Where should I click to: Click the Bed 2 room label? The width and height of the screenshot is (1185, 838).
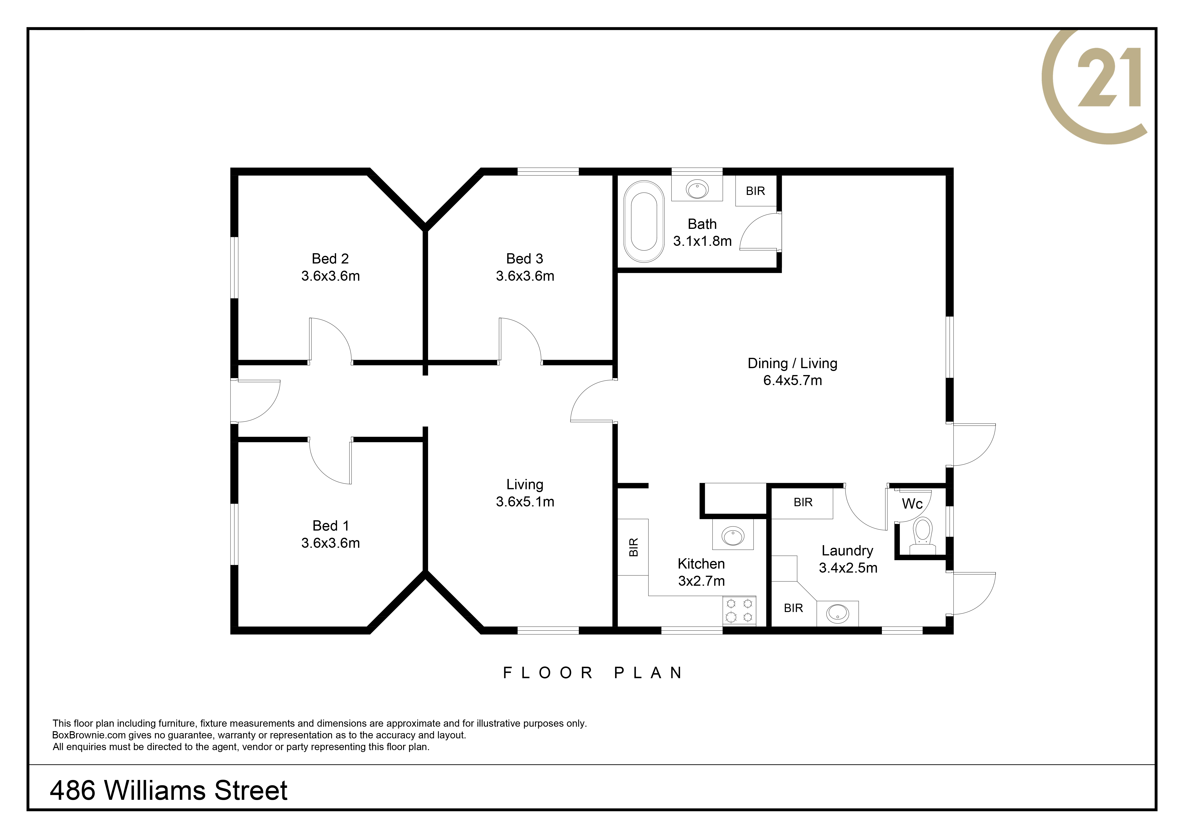(330, 258)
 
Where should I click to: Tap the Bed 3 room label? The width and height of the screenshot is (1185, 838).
(525, 258)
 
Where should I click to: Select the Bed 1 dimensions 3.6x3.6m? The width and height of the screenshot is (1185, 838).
(330, 543)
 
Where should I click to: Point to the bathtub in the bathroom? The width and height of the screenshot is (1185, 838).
(643, 221)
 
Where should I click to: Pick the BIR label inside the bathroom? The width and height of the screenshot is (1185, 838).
(755, 191)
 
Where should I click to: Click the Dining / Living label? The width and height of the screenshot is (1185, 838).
(792, 363)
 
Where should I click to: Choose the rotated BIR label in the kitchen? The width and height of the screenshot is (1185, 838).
(634, 547)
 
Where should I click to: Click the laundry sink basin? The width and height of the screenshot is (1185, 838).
(837, 613)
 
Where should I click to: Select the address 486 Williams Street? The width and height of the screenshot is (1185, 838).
(169, 790)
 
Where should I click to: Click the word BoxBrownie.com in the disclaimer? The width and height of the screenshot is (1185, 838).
(89, 735)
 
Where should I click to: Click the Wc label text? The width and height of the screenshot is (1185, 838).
(912, 504)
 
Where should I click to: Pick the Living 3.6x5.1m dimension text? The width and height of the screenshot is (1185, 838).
(525, 502)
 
